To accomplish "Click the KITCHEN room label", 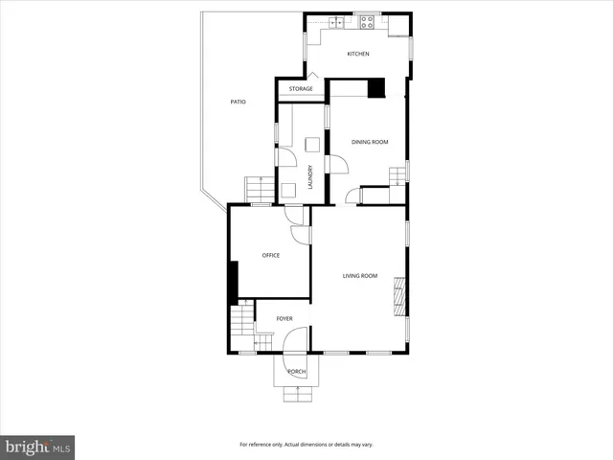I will [358, 54].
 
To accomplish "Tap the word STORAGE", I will [302, 89].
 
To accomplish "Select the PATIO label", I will [237, 101].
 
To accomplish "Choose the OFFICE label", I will [271, 255].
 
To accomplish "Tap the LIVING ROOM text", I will [360, 276].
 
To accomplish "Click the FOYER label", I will [284, 318].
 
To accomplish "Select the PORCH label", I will [297, 371].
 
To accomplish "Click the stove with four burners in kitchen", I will [365, 22].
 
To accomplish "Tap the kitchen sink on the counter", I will [336, 22].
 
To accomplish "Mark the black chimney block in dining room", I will [377, 87].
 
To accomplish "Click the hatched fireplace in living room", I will [399, 296].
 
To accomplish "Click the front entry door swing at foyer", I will [296, 339].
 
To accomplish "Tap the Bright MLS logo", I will [38, 447].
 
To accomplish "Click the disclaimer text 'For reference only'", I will [306, 445].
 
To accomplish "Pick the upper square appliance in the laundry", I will [311, 145].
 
